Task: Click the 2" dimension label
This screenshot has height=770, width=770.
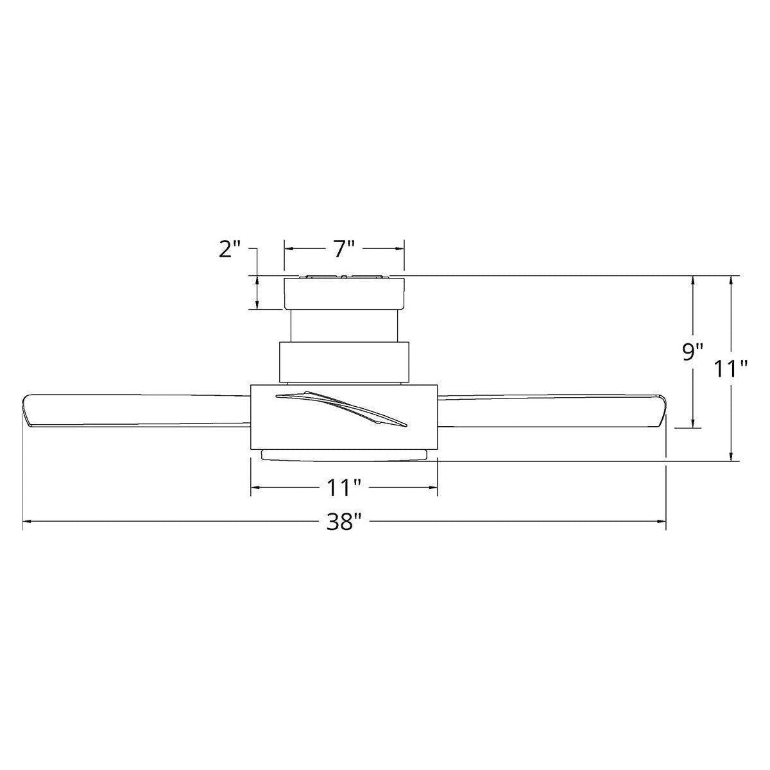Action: coord(230,250)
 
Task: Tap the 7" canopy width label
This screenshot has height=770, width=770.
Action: coord(345,250)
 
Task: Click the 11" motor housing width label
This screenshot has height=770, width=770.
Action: coord(345,488)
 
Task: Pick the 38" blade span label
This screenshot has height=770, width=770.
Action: coord(344,522)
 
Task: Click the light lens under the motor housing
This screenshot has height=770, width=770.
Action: coord(344,455)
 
